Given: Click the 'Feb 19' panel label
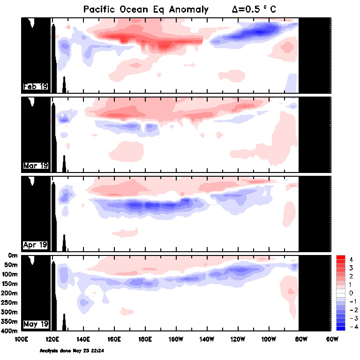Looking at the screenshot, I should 35,86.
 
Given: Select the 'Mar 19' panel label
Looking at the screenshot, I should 35,165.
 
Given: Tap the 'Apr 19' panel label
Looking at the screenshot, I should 35,245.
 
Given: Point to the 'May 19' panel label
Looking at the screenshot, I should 35,324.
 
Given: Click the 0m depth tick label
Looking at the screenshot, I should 13,255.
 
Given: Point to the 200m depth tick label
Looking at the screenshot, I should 10,293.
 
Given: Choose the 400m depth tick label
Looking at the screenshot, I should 10,331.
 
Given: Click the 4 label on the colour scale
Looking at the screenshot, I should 351,259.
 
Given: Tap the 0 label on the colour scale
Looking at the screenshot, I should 351,292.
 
